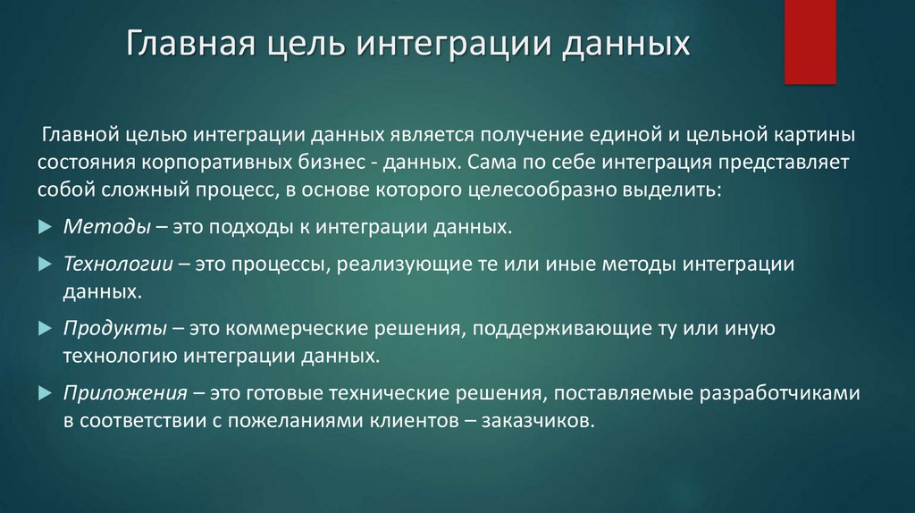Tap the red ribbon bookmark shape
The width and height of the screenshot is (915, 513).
click(810, 41)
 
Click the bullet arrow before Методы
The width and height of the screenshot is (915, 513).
click(46, 228)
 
